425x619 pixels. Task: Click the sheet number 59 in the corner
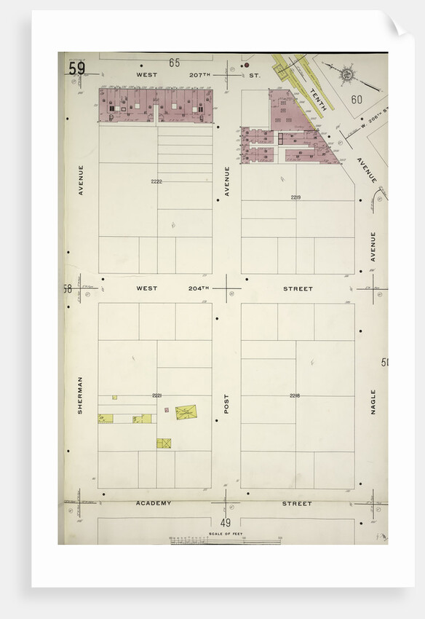coord(76,68)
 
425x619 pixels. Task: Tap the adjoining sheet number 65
coord(175,63)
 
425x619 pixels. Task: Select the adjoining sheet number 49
coord(226,523)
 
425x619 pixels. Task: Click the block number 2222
coord(156,181)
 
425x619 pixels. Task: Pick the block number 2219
coord(295,197)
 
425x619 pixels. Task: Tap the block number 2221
coord(156,395)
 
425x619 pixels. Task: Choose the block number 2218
coord(295,395)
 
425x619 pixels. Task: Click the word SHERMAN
coord(80,395)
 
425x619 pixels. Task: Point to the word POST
coord(226,404)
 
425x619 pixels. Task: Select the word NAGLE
coord(373,401)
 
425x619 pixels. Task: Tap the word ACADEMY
coord(154,503)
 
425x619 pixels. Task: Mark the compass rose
coord(347,74)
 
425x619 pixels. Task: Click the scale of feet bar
coord(225,540)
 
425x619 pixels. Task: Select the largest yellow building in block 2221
coord(186,412)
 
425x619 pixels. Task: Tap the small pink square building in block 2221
coord(167,410)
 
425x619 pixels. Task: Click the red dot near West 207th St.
coord(246,75)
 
